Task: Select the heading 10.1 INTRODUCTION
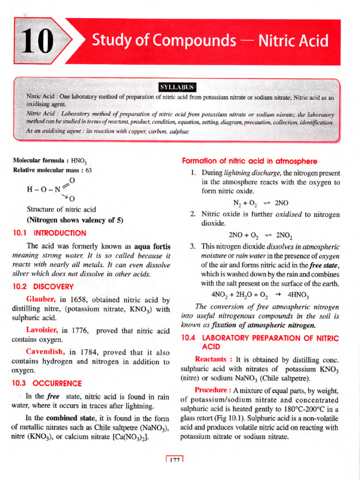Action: (49, 233)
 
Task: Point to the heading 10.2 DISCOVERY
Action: (43, 286)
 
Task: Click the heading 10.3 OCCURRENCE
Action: (46, 383)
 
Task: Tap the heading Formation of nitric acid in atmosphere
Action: (249, 161)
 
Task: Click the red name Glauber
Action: (41, 300)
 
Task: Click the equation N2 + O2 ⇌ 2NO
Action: (261, 203)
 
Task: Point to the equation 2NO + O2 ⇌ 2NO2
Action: (261, 235)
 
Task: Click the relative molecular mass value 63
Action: (89, 170)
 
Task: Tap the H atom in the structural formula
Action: (30, 190)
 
